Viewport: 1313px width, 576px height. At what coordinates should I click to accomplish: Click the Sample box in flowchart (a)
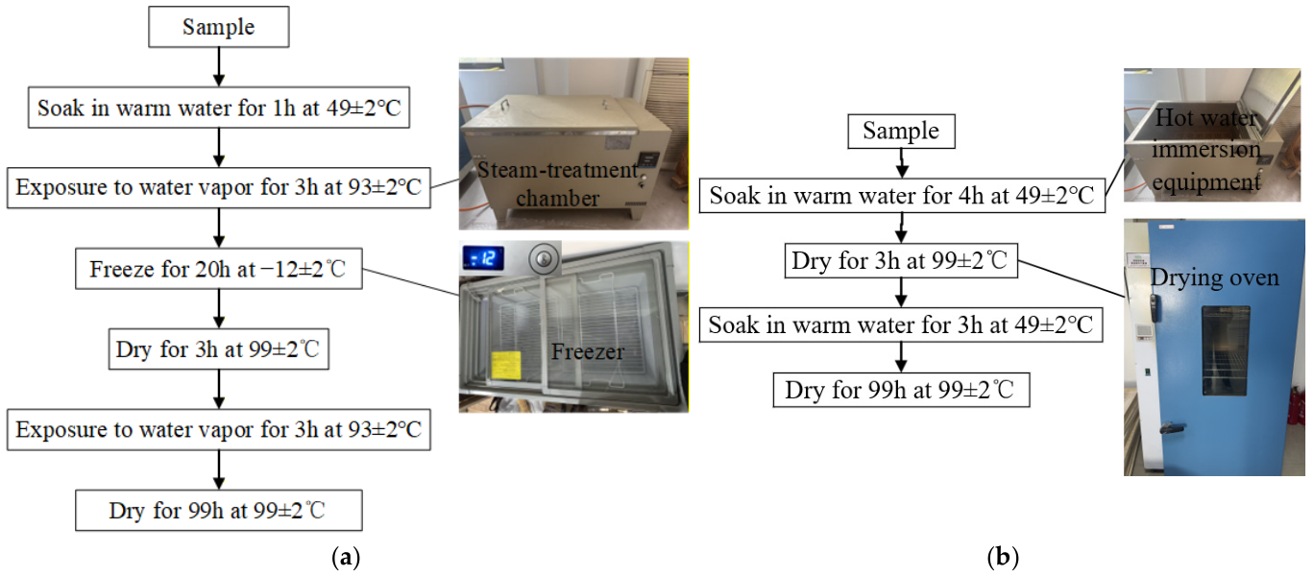tap(219, 27)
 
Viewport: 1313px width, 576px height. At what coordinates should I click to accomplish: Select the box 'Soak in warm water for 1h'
tap(219, 108)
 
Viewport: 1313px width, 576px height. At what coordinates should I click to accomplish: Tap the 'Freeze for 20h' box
tap(219, 269)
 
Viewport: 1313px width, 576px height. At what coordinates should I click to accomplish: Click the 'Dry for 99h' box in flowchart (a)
tap(219, 511)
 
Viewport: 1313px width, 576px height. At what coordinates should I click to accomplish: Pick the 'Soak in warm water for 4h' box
tap(902, 196)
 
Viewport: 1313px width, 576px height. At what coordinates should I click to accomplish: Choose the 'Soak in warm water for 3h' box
tap(901, 324)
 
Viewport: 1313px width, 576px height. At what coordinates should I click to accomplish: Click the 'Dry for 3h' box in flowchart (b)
tap(901, 260)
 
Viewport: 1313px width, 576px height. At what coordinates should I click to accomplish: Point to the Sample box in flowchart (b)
tap(901, 131)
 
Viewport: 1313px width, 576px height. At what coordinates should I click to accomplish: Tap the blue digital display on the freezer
tap(482, 258)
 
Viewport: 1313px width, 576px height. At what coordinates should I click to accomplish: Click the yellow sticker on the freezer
tap(506, 365)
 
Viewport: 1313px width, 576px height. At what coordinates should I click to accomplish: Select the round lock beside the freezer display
tap(544, 258)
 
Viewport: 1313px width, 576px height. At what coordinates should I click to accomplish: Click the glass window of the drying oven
tap(1225, 349)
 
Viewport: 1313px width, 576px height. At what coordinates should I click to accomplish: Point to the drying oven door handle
tap(1171, 428)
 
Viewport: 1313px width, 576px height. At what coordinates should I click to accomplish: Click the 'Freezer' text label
tap(587, 351)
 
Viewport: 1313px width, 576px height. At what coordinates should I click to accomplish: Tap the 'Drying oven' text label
tap(1214, 277)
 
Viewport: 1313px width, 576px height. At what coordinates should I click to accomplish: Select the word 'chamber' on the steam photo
tap(557, 198)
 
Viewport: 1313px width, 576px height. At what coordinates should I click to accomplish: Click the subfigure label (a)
tap(346, 557)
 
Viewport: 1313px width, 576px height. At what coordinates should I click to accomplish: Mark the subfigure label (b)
tap(1003, 557)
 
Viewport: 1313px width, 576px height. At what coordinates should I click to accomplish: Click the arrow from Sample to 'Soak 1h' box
tap(219, 67)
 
